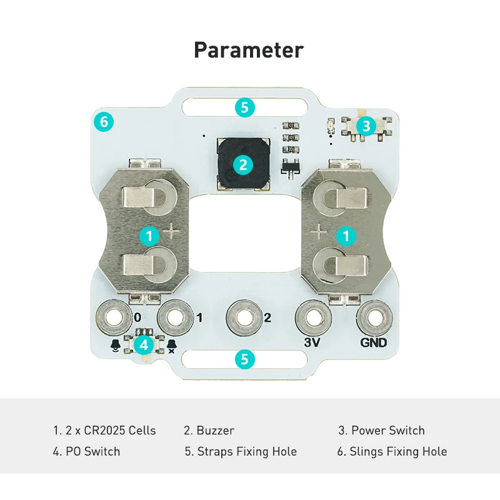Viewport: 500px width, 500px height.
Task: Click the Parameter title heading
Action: click(249, 49)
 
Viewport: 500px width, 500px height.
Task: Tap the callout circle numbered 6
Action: click(104, 121)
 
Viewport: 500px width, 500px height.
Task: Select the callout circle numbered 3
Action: click(366, 126)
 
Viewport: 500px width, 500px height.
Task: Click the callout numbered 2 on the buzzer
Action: click(243, 165)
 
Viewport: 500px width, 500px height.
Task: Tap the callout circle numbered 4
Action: click(145, 344)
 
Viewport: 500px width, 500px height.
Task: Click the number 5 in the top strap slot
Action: click(245, 107)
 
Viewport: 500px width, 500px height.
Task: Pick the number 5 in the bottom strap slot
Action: click(244, 359)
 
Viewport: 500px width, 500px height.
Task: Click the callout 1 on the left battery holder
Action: click(149, 236)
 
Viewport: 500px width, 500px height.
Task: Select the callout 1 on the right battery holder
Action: click(345, 236)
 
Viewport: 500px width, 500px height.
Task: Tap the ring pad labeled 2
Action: click(243, 317)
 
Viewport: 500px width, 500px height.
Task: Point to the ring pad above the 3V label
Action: click(312, 317)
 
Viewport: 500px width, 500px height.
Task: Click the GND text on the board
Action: click(374, 342)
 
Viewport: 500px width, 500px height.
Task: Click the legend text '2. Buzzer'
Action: click(209, 431)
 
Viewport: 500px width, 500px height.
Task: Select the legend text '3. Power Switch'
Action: click(381, 431)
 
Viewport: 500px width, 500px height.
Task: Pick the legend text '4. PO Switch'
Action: click(86, 451)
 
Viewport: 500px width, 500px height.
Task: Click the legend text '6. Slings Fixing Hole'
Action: click(392, 451)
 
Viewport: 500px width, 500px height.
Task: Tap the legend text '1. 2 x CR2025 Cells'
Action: click(104, 431)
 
